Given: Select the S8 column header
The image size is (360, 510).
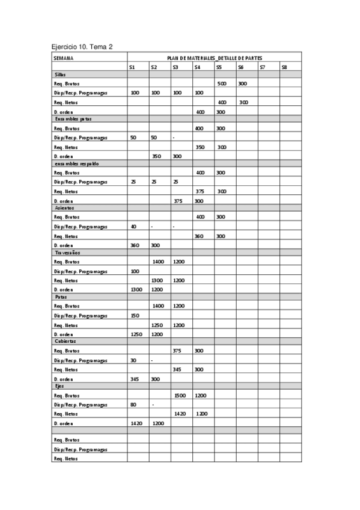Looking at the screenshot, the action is click(284, 67).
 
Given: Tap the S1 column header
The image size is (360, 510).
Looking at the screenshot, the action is click(132, 67).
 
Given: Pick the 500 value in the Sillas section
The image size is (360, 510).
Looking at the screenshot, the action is click(222, 84).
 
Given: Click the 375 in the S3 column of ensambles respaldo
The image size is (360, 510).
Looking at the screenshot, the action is click(178, 201).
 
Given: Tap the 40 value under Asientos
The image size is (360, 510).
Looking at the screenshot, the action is click(133, 227).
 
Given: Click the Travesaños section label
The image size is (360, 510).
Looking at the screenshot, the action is click(67, 253).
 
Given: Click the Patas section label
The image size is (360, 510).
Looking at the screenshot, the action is click(61, 296).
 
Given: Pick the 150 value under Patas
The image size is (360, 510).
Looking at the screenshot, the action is click(134, 316).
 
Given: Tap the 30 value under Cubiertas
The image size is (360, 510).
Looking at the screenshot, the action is click(133, 360).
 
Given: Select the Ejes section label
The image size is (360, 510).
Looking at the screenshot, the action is click(59, 386).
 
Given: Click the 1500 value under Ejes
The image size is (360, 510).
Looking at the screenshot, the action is click(180, 396).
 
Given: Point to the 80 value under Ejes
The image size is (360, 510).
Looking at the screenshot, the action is click(133, 405).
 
